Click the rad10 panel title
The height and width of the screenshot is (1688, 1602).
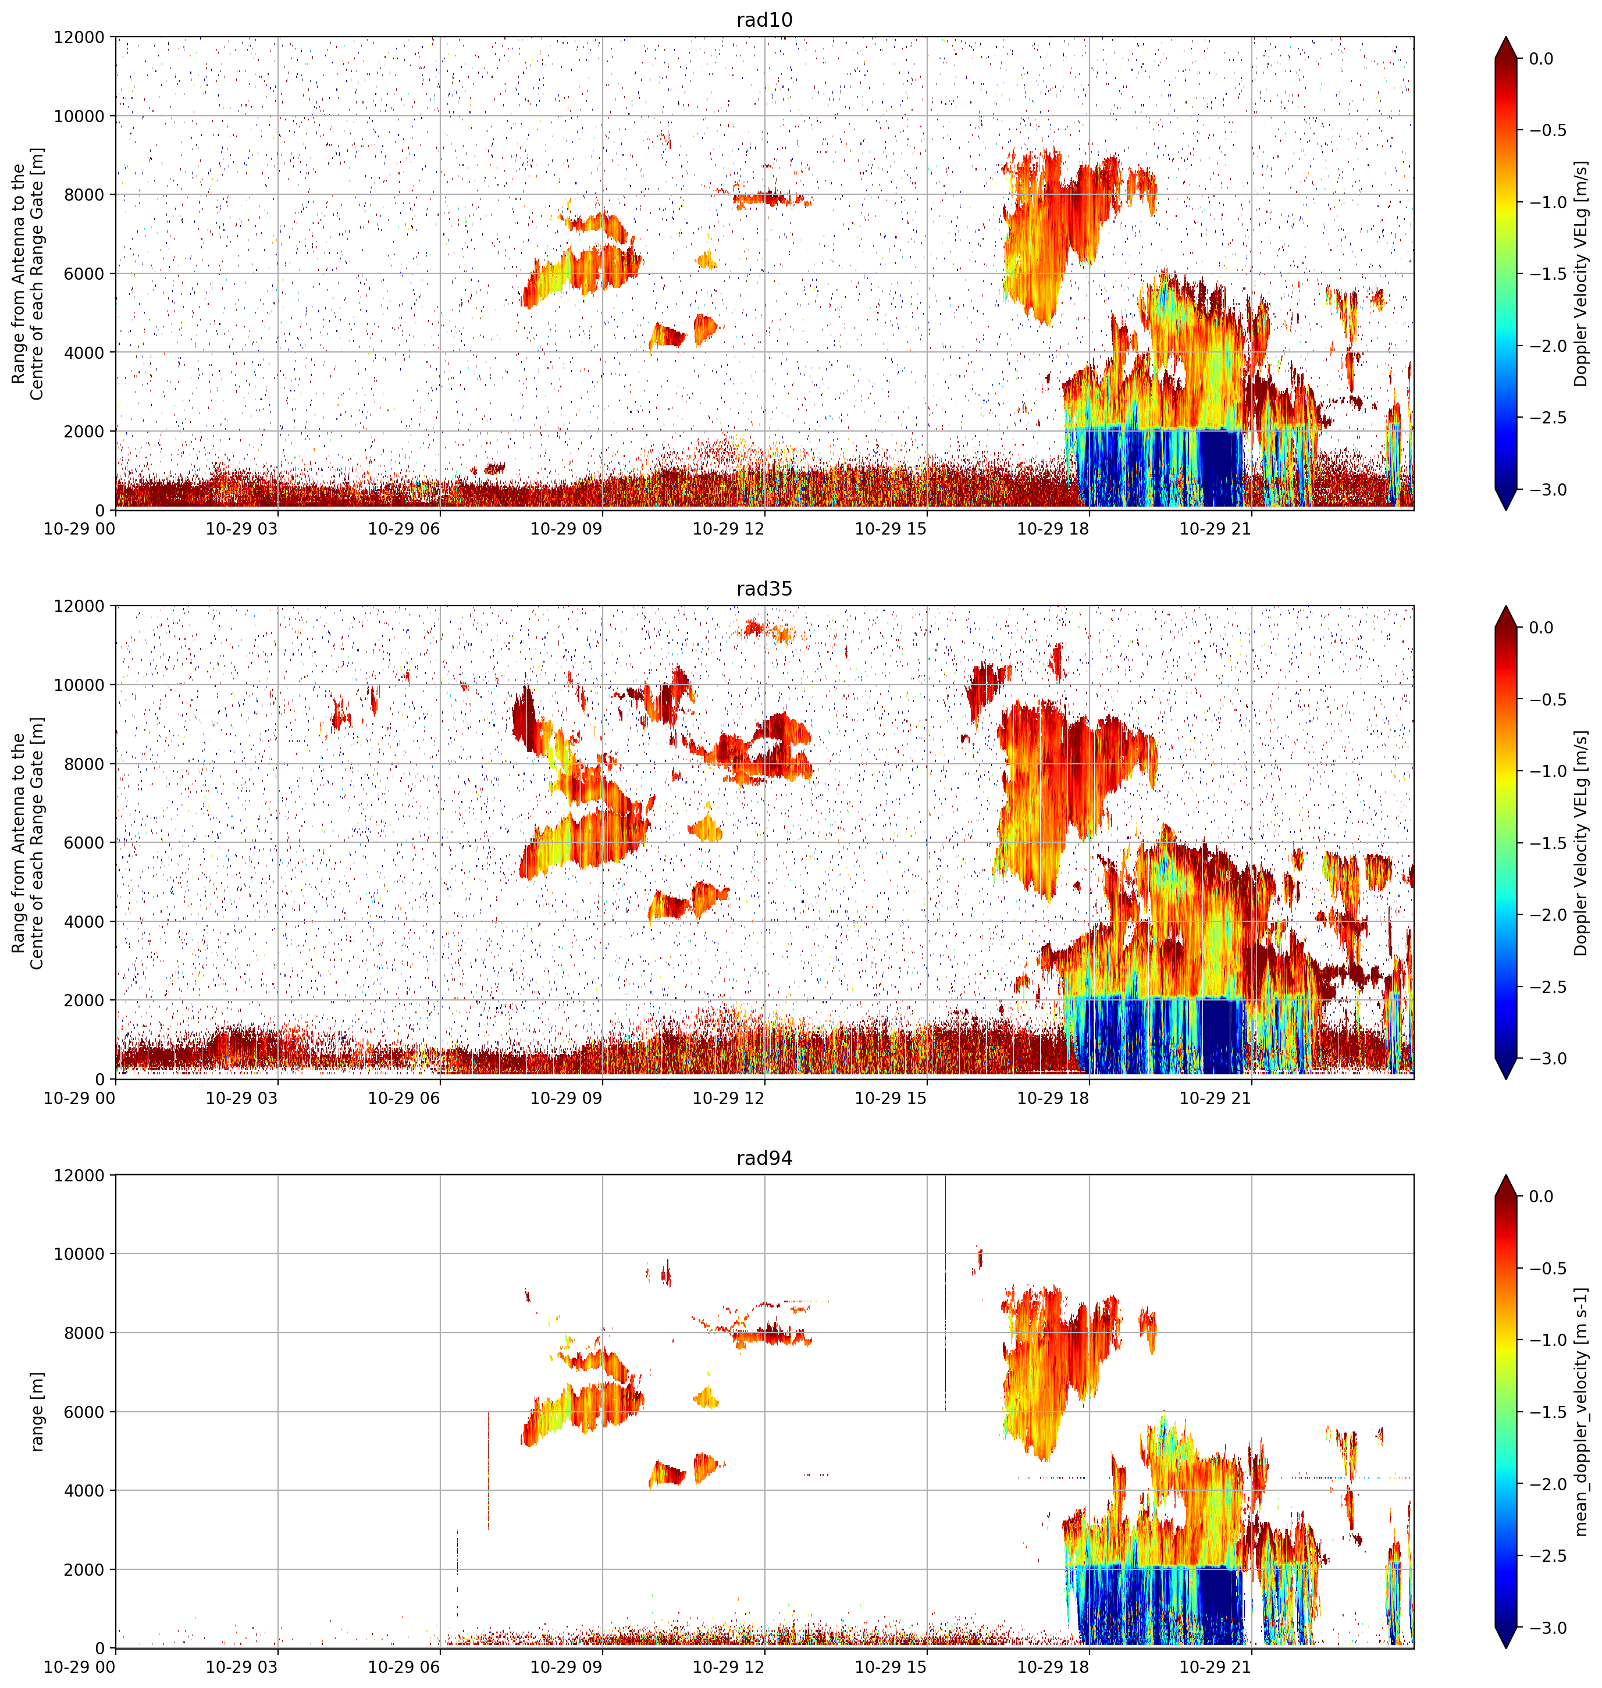pos(764,20)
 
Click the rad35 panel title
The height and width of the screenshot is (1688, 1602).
pos(764,589)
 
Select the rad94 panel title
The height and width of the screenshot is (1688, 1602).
pos(764,1159)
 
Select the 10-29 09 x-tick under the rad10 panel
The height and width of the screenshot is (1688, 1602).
pos(566,529)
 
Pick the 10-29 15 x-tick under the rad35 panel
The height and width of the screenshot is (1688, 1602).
pos(891,1098)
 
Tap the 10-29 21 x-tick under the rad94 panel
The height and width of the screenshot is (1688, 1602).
pos(1215,1668)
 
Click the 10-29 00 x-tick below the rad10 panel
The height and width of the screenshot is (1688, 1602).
pos(80,529)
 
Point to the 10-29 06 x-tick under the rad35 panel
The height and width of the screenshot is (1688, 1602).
pos(404,1098)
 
